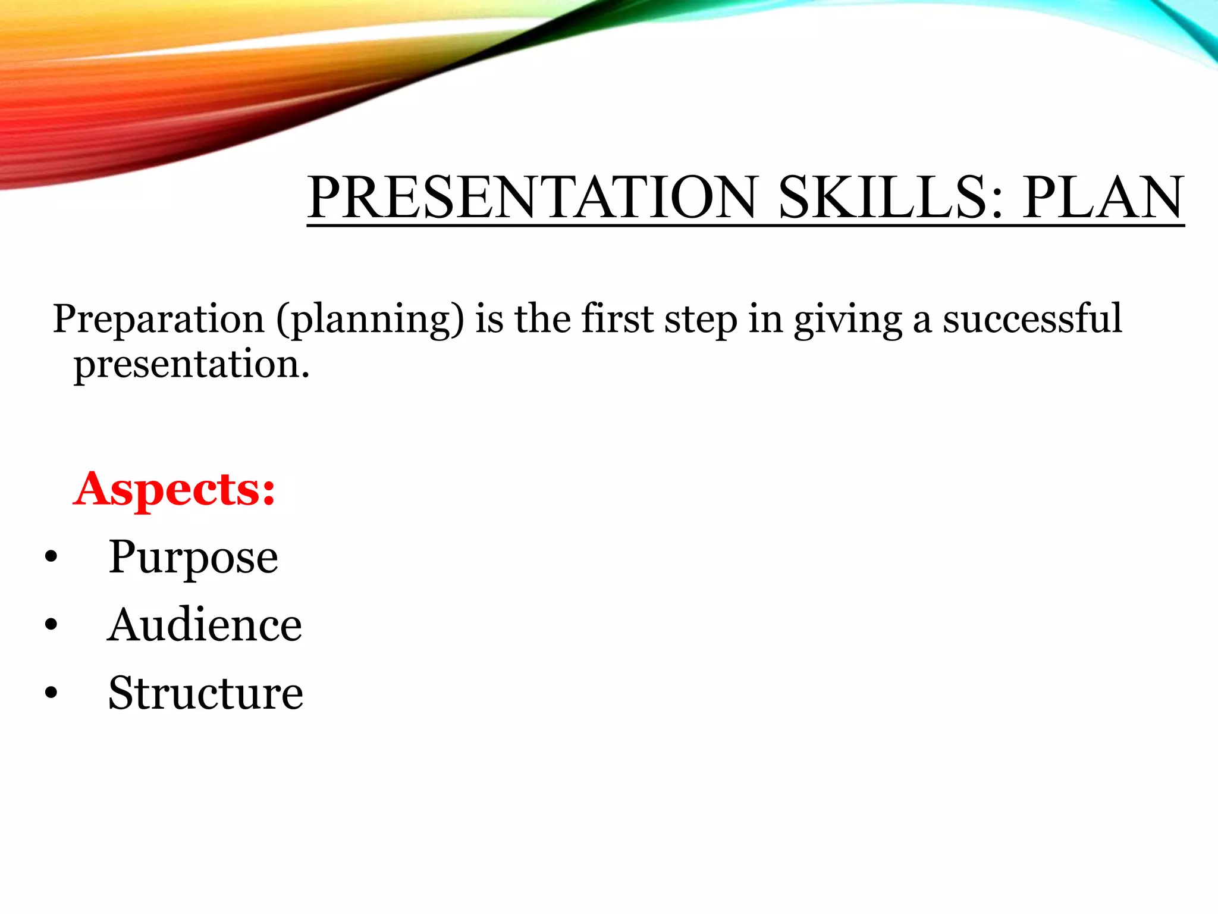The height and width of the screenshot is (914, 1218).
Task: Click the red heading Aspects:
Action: coord(175,489)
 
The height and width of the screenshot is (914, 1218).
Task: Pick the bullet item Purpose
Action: coord(193,558)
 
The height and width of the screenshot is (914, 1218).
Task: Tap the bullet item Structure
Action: coord(205,693)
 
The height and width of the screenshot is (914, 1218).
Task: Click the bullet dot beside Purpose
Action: coord(51,557)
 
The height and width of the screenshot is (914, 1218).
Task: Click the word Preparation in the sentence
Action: coord(158,319)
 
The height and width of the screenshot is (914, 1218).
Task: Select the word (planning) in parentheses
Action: coord(369,320)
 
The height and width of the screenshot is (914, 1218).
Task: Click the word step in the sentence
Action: coord(701,320)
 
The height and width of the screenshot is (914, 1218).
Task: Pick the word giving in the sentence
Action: coord(847,320)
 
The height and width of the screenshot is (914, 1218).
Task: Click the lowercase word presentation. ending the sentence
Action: coord(192,365)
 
